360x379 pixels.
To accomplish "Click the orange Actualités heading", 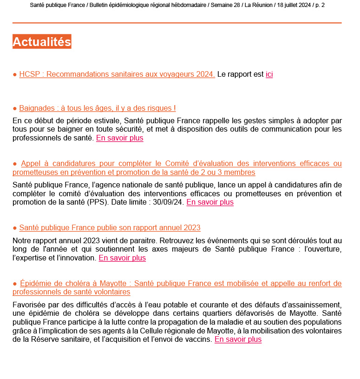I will point(42,42).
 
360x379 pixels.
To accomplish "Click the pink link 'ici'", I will point(269,74).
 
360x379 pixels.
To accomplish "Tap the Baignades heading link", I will point(98,108).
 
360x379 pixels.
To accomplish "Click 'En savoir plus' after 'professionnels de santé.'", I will point(120,138).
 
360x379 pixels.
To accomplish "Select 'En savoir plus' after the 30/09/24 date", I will point(210,202).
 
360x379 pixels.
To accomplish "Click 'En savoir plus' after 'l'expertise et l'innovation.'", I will point(122,258).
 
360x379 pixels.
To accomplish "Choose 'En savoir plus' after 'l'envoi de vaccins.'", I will point(238,339).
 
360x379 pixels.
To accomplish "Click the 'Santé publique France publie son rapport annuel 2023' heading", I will point(110,228).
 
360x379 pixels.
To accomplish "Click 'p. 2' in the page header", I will point(320,5).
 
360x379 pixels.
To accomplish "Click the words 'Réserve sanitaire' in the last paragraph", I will point(52,339).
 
